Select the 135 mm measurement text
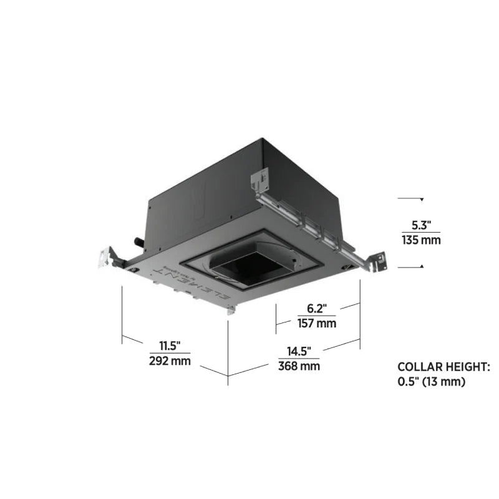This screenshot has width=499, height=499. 421,240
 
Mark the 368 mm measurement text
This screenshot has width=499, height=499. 299,366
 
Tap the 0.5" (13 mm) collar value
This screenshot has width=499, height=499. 432,382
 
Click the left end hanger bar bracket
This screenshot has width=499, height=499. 106,257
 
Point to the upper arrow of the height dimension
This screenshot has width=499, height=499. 422,200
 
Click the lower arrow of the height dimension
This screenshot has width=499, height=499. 422,266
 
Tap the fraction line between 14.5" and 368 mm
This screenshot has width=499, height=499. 299,359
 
